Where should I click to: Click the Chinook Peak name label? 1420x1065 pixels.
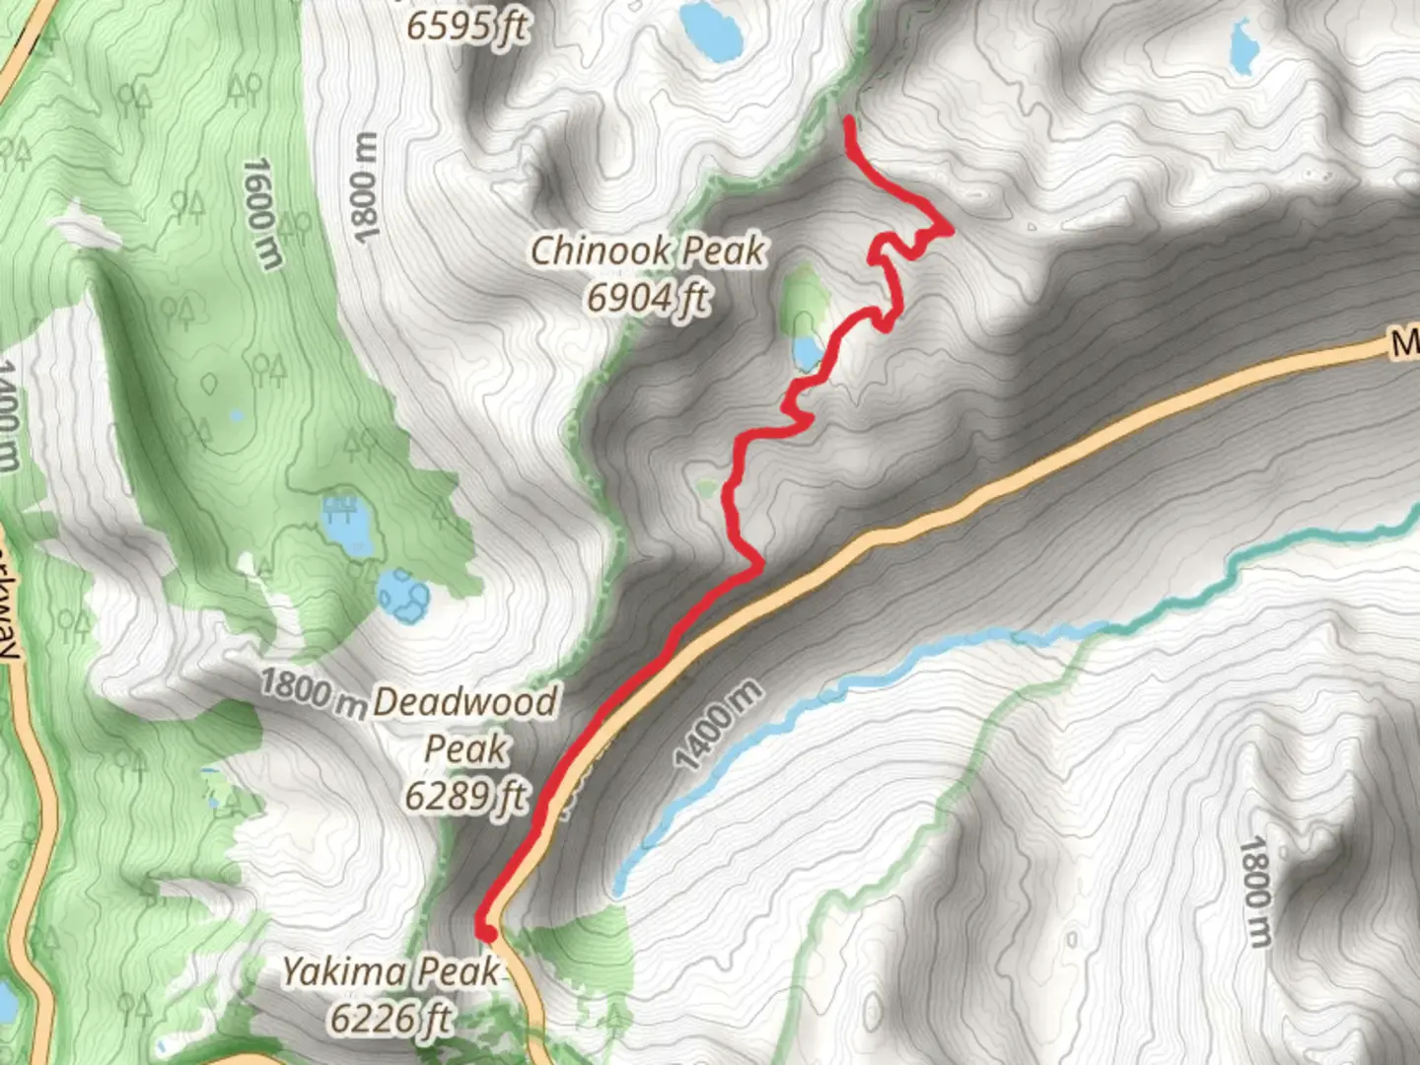(x=648, y=250)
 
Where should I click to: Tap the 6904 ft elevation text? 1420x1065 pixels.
(x=648, y=296)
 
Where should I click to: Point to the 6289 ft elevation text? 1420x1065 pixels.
(x=465, y=795)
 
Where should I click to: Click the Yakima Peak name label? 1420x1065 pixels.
(x=390, y=971)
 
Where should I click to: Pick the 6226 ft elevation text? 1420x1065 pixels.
(x=390, y=1018)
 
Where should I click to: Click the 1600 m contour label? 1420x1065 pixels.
(x=258, y=213)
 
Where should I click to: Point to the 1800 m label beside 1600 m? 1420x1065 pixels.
(x=365, y=187)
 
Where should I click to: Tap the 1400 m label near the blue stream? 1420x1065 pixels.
(x=719, y=725)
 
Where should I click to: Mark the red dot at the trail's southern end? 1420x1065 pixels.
(x=485, y=932)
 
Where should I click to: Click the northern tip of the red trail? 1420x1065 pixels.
(x=849, y=121)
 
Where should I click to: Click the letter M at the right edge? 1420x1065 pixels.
(x=1405, y=343)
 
